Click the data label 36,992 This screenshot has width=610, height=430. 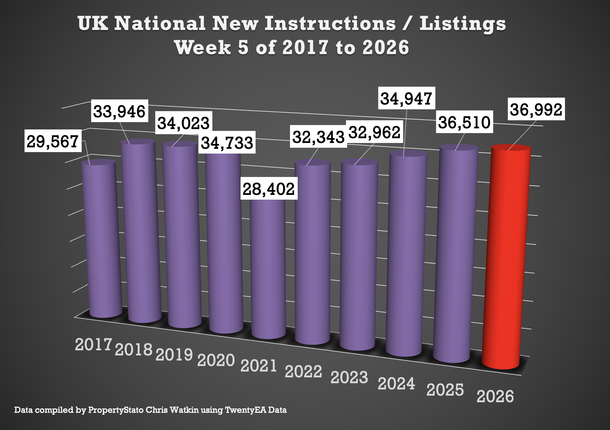pyautogui.click(x=536, y=109)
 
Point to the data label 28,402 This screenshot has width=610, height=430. pyautogui.click(x=269, y=189)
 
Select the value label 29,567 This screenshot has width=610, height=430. pyautogui.click(x=53, y=141)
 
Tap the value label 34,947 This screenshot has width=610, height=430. pyautogui.click(x=406, y=98)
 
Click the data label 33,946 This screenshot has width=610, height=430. pyautogui.click(x=119, y=111)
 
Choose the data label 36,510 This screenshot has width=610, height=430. pyautogui.click(x=464, y=122)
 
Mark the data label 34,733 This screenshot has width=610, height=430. pyautogui.click(x=227, y=143)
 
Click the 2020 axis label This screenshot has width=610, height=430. pyautogui.click(x=216, y=360)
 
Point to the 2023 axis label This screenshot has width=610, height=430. pyautogui.click(x=349, y=377)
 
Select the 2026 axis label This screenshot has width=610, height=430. pyautogui.click(x=495, y=396)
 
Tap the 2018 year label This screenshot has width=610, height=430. pyautogui.click(x=134, y=350)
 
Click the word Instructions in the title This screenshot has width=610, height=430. pyautogui.click(x=330, y=23)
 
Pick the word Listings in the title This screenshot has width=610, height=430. pyautogui.click(x=463, y=23)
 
